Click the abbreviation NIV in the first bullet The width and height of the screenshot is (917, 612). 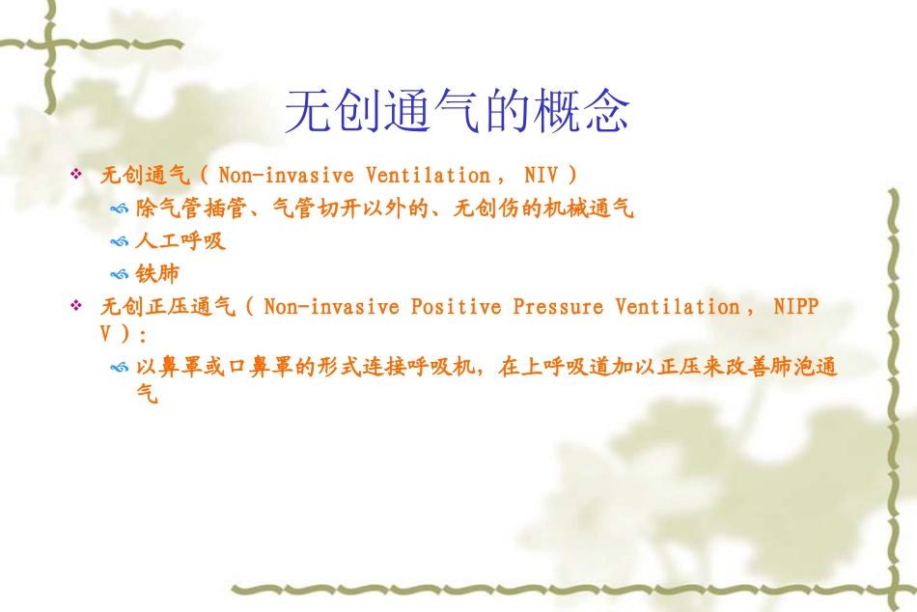tap(541, 175)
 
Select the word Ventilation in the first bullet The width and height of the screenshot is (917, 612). tap(428, 175)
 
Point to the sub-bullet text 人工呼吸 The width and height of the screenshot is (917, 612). tap(181, 240)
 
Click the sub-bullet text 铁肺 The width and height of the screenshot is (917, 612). tap(157, 273)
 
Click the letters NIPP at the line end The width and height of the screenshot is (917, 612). tap(796, 306)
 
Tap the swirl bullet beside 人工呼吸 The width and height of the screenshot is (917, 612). tap(119, 241)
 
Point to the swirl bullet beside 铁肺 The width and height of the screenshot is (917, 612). tap(119, 274)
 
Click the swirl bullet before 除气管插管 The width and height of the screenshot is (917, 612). tap(119, 209)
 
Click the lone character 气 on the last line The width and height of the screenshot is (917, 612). tap(147, 394)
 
